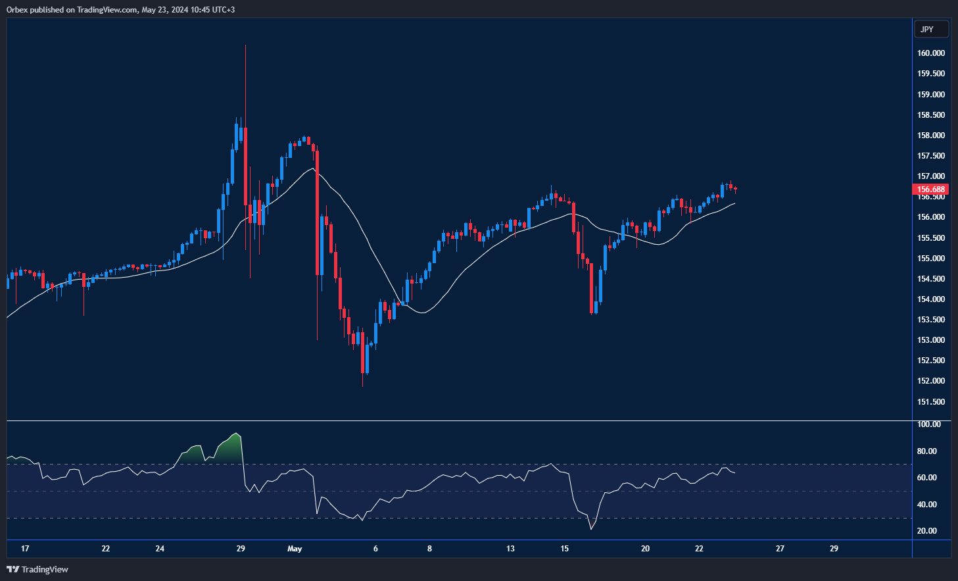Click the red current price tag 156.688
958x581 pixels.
coord(931,189)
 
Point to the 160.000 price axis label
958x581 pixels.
coord(931,53)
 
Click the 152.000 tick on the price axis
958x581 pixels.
coord(931,381)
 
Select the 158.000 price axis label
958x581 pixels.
coord(931,136)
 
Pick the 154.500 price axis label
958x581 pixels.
coord(931,279)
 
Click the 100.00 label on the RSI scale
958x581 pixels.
coord(928,424)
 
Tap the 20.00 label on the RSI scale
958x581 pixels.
coord(926,531)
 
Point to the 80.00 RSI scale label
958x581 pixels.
coord(926,451)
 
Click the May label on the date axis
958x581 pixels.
coord(295,549)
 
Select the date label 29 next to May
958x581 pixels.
coord(241,549)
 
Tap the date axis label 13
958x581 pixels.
coord(510,549)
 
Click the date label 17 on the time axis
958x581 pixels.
coord(25,549)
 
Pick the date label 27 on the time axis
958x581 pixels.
coord(780,549)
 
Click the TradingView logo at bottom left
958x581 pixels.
coord(37,569)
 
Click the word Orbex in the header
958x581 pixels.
coord(17,10)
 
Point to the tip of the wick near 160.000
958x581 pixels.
coord(245,46)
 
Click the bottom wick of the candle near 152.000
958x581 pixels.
coord(362,384)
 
